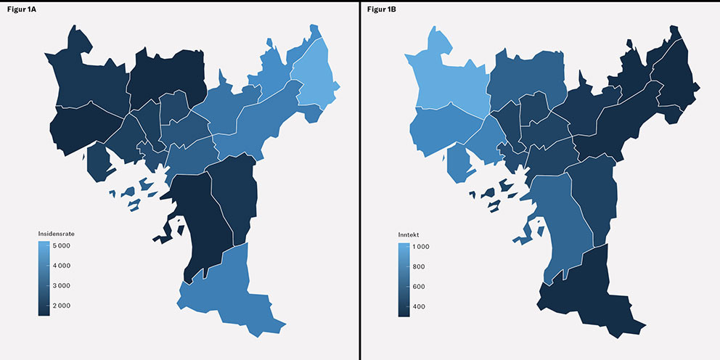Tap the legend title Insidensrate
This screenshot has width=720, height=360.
tap(57, 234)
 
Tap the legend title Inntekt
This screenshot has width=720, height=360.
tap(409, 235)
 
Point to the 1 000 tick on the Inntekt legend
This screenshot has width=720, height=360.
tap(421, 247)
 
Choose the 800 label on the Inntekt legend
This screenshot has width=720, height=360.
tap(419, 267)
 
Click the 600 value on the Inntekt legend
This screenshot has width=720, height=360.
tap(419, 287)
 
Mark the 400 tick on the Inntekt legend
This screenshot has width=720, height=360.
tap(419, 306)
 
